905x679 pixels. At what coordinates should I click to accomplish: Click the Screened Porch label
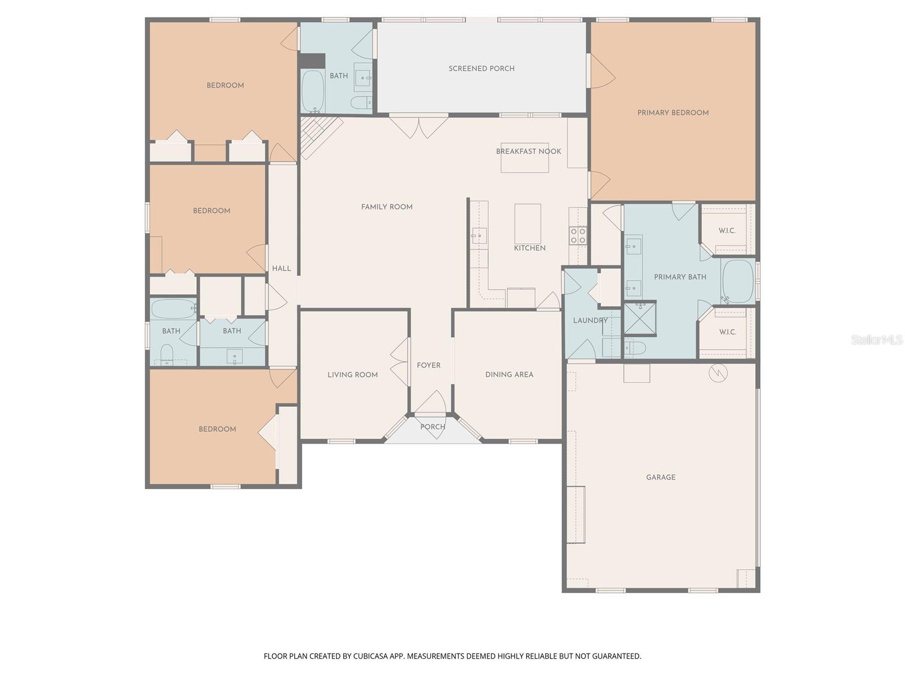point(481,68)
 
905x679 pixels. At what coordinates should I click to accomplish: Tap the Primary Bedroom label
point(673,113)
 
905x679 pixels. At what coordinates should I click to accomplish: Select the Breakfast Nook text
point(528,151)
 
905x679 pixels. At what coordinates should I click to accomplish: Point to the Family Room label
point(386,207)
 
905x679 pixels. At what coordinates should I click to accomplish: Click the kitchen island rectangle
point(527,224)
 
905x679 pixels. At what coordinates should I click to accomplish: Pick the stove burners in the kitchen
point(578,235)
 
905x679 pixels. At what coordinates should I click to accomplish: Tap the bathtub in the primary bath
point(738,281)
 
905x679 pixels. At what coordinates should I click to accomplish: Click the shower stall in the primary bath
point(640,318)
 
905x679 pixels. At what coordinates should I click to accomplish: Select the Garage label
point(661,477)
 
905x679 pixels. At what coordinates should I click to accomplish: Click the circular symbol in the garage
point(718,373)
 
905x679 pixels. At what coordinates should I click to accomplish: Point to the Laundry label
point(590,320)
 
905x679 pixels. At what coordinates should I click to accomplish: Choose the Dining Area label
point(509,375)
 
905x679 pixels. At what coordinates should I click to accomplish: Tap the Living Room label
point(352,375)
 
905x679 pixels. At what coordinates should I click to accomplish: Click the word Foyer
point(428,366)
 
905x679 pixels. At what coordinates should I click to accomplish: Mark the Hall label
point(281,268)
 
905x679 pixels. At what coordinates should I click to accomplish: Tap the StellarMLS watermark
point(876,339)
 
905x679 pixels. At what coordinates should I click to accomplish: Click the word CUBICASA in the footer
point(370,656)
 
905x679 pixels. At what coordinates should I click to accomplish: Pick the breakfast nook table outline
point(524,164)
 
